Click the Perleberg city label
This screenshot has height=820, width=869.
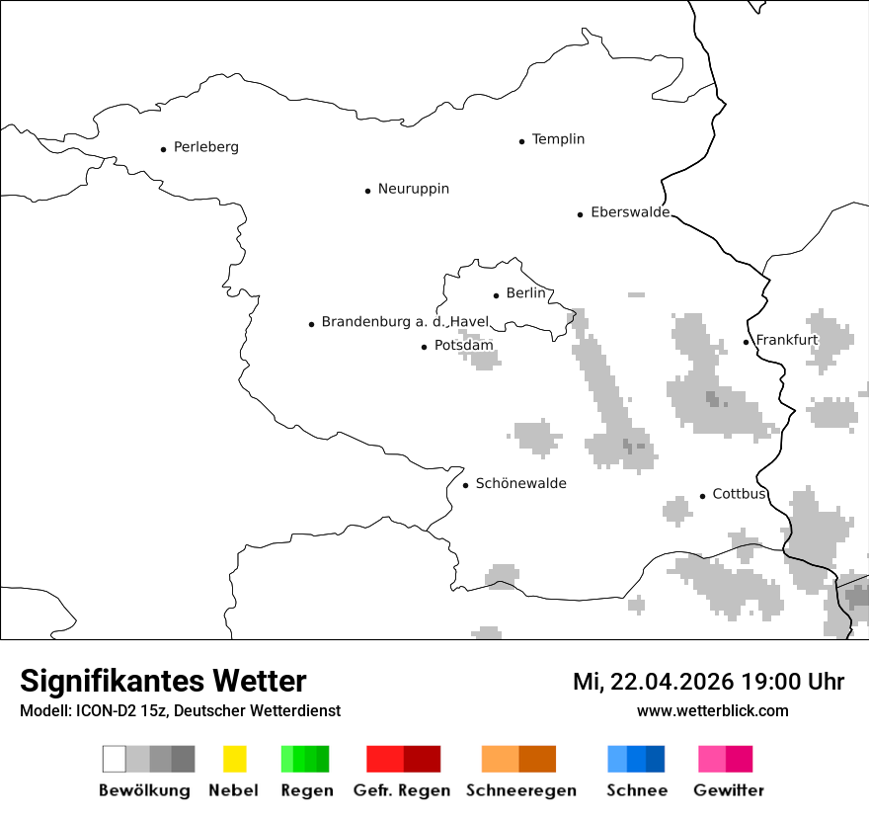205,147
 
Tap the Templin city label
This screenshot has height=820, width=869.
558,139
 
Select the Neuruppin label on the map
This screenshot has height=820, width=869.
413,189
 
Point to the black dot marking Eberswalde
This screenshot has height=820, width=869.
581,214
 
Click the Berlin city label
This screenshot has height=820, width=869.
525,293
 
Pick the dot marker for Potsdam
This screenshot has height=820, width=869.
425,347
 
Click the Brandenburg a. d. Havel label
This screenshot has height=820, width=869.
405,322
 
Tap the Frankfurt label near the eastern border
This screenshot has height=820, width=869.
787,340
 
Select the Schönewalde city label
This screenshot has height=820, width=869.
520,484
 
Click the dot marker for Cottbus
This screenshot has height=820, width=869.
703,496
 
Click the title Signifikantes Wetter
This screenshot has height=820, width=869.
163,681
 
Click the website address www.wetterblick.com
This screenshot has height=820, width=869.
712,710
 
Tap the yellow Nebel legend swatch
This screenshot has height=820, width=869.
234,759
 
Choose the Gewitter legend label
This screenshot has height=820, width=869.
728,790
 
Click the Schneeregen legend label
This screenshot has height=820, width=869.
520,790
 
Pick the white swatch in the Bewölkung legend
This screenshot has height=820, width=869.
115,759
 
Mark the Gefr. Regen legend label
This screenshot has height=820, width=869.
402,790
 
